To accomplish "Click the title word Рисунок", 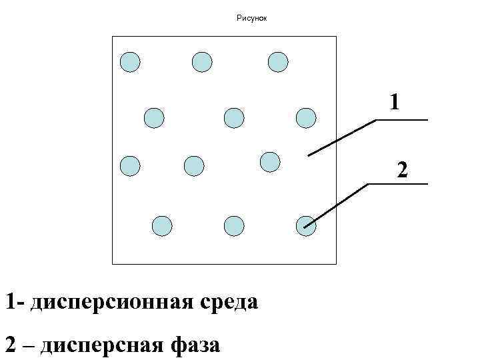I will click(251, 18).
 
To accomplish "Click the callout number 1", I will click(395, 102).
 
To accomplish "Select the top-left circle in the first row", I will click(130, 62).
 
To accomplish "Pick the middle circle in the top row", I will click(202, 62).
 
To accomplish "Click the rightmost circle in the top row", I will click(278, 62).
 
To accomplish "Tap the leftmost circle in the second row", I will click(154, 118).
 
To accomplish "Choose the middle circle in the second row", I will click(234, 118).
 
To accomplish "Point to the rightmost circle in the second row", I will click(306, 118).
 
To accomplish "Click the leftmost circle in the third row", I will click(130, 165).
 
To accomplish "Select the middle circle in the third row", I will click(193, 165).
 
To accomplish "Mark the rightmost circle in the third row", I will click(269, 162).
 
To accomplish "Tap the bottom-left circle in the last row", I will click(162, 226).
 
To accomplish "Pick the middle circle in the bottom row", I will click(234, 226).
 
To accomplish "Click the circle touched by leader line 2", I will click(305, 225).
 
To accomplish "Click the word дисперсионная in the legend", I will click(113, 301).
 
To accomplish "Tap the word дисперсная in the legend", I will click(102, 345).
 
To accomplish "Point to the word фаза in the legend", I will click(195, 345).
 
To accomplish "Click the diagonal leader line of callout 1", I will click(342, 138).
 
